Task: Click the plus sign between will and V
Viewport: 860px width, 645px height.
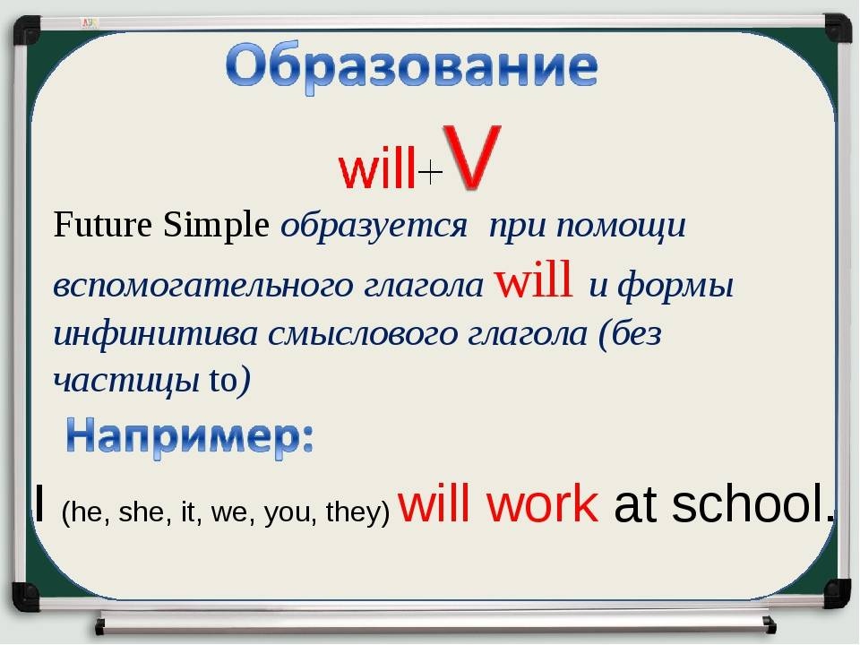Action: point(430,173)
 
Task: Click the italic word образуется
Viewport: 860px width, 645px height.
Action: point(374,227)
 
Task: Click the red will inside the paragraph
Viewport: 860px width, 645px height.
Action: point(535,282)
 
